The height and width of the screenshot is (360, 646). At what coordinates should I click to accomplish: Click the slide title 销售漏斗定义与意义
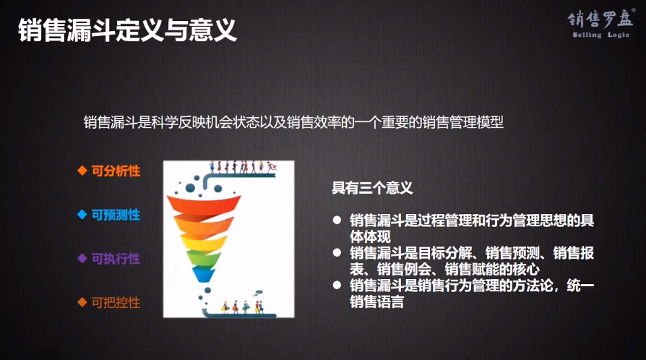(x=127, y=30)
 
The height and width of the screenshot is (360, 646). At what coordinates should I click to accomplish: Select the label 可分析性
(x=116, y=171)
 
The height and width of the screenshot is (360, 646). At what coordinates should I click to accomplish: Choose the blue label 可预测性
(x=116, y=215)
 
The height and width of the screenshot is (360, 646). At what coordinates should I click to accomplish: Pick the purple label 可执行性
(x=116, y=259)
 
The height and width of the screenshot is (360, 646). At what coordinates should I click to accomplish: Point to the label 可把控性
(x=116, y=303)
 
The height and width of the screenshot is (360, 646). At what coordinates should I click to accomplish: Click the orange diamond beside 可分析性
(x=82, y=171)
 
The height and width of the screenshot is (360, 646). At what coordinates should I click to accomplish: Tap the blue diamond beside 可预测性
(x=82, y=215)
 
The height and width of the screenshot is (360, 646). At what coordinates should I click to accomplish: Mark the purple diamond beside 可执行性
(x=82, y=259)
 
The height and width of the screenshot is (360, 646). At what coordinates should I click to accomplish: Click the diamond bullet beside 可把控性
(x=82, y=303)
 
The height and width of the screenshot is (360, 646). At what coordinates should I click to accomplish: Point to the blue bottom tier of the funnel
(x=206, y=274)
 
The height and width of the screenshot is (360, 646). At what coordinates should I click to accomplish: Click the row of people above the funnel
(x=242, y=166)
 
